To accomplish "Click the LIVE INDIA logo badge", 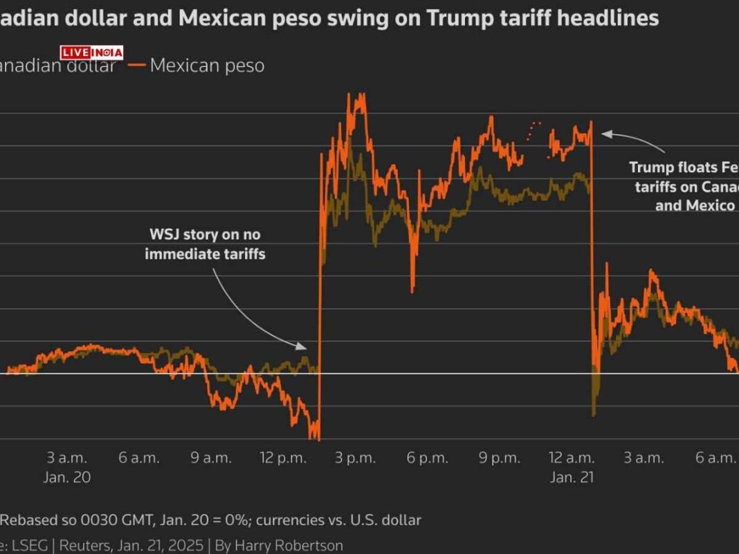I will point(91,53).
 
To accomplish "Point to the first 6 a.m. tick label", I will point(138,458).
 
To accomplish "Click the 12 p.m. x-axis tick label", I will point(283,458).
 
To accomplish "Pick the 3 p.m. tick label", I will point(356,458).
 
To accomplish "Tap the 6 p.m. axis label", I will point(428,458).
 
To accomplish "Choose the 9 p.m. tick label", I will point(500,458).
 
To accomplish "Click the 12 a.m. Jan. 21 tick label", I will point(572,458).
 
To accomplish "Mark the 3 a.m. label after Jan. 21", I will point(644,458).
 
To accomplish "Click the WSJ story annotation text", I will point(205,244).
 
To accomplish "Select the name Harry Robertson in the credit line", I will point(289,545).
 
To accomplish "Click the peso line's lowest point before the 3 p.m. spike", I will point(316,437).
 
